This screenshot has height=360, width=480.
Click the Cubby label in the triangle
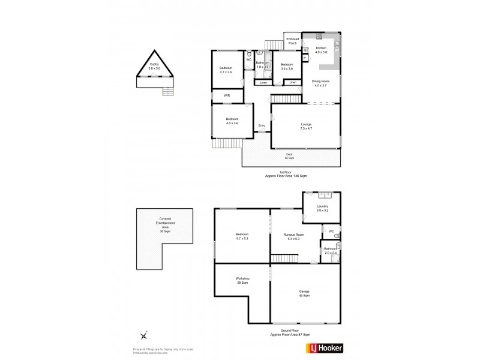tap(154, 66)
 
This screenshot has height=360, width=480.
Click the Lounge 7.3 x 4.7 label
tap(306, 126)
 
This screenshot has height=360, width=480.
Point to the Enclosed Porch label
tap(292, 41)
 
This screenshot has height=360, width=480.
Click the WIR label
tap(227, 95)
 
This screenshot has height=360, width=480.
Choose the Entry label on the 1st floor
tap(262, 125)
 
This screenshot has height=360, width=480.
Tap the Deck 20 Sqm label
tap(291, 156)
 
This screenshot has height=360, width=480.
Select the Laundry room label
tap(322, 208)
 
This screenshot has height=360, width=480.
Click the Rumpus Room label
tap(294, 236)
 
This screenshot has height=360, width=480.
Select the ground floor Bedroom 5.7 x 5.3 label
tap(242, 236)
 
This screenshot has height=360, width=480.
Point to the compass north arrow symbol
tap(143, 337)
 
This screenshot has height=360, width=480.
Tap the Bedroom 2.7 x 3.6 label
tap(226, 70)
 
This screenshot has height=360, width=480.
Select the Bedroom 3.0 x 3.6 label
tap(286, 66)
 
